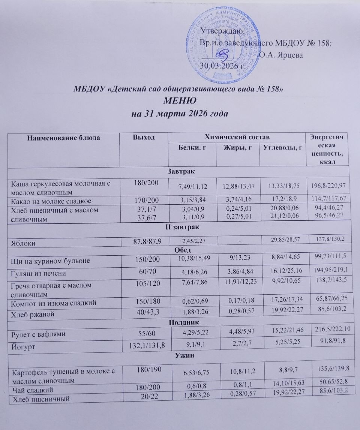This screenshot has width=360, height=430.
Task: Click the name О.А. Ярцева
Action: point(281,55)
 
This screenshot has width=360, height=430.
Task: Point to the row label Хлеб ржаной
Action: point(34,314)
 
